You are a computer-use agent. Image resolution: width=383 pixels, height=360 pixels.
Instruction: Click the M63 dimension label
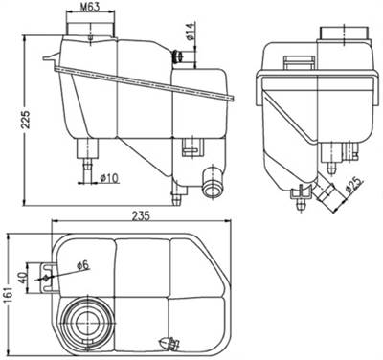[91, 8]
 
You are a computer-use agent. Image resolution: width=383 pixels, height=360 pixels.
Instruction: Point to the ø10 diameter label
[105, 178]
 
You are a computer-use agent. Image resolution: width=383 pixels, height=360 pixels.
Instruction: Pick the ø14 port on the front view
[177, 59]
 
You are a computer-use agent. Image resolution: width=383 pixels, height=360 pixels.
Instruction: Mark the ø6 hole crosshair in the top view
[46, 278]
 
